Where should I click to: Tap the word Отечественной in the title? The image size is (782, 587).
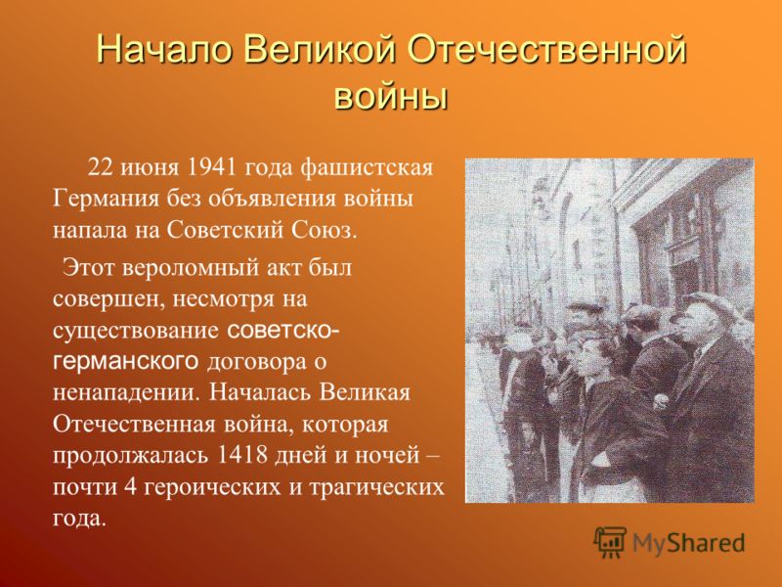click(547, 50)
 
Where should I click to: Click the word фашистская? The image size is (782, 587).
click(367, 168)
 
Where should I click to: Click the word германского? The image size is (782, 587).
click(126, 361)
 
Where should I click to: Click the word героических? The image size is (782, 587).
click(213, 487)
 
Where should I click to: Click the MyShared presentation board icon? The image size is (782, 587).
click(610, 542)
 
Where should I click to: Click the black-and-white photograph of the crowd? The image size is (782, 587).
click(609, 331)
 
